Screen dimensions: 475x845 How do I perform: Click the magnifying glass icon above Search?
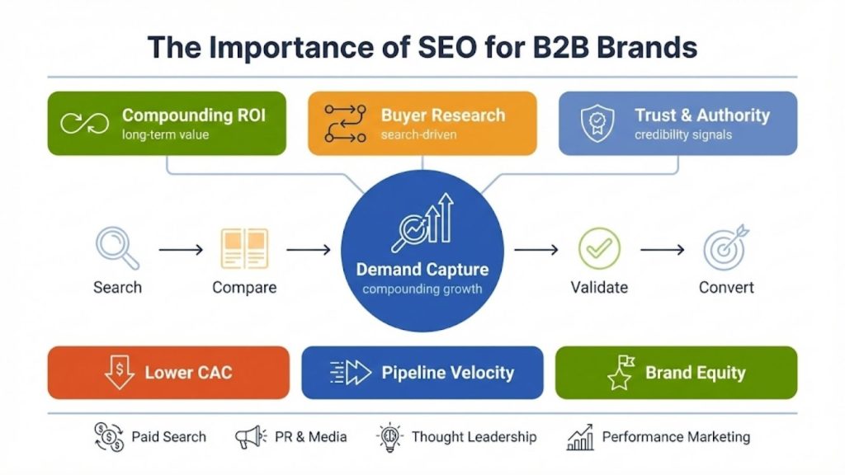pyautogui.click(x=116, y=247)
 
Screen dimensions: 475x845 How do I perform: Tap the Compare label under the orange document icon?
pyautogui.click(x=244, y=288)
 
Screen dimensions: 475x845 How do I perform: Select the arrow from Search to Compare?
pyautogui.click(x=181, y=248)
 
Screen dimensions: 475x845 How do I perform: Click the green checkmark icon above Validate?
pyautogui.click(x=599, y=248)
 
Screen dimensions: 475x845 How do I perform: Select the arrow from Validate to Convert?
pyautogui.click(x=663, y=248)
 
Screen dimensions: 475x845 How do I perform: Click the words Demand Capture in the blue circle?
pyautogui.click(x=422, y=270)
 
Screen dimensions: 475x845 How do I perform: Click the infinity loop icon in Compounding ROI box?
pyautogui.click(x=85, y=124)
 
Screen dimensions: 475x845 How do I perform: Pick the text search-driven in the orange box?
pyautogui.click(x=418, y=134)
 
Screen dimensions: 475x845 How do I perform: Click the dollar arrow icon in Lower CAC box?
pyautogui.click(x=119, y=373)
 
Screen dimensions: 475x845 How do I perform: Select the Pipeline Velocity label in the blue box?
pyautogui.click(x=447, y=373)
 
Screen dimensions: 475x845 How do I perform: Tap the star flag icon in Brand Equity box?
pyautogui.click(x=621, y=373)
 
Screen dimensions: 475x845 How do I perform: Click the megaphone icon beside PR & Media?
pyautogui.click(x=250, y=437)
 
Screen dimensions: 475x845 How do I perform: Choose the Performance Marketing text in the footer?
pyautogui.click(x=676, y=437)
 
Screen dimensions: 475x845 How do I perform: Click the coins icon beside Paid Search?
pyautogui.click(x=109, y=437)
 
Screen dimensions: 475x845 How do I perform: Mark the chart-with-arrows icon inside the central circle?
pyautogui.click(x=422, y=221)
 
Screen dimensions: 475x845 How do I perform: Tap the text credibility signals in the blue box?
pyautogui.click(x=683, y=134)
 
